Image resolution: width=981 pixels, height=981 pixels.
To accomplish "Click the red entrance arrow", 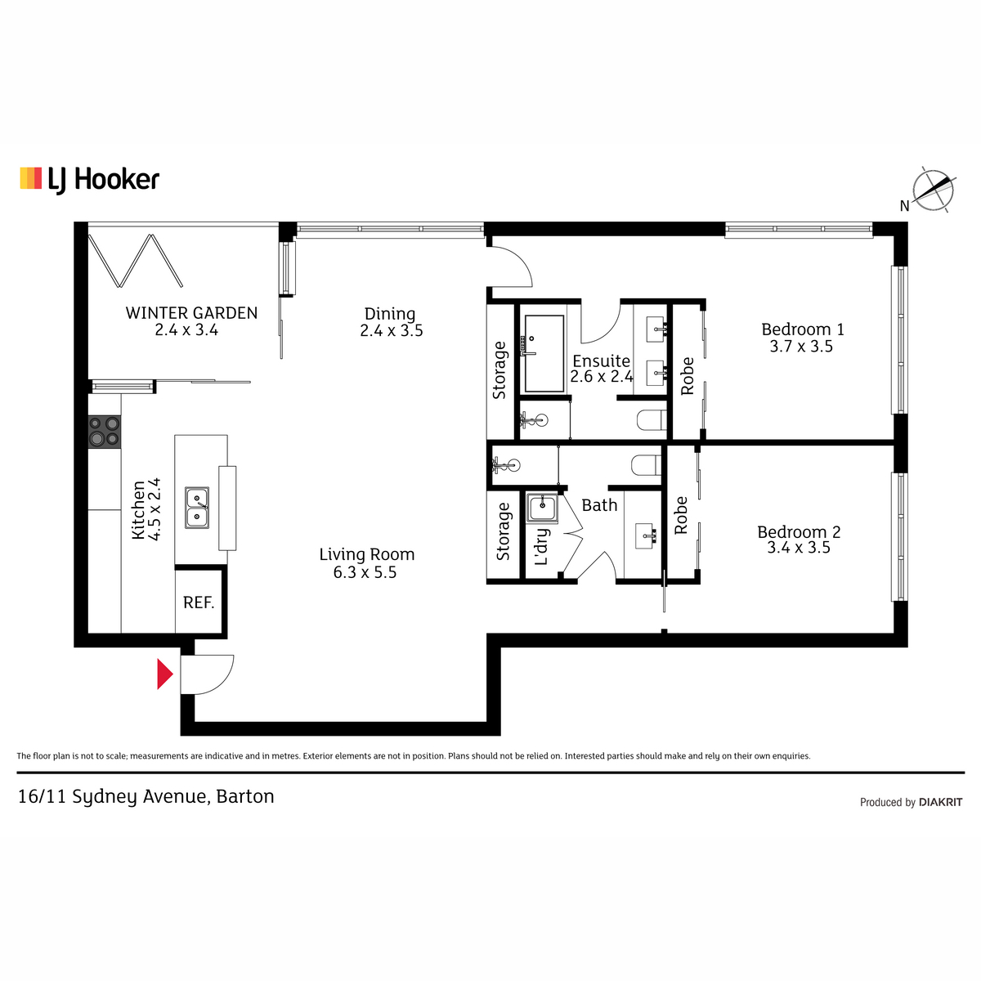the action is [164, 674].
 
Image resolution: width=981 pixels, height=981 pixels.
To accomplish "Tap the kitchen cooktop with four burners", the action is [105, 432].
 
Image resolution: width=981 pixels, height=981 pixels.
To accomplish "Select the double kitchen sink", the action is [196, 508].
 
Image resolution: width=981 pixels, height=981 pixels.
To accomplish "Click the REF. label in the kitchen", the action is [199, 602].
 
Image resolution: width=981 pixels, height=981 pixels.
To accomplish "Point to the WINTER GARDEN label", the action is [191, 312].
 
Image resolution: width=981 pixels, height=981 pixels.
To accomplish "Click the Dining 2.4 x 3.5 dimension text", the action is [392, 331].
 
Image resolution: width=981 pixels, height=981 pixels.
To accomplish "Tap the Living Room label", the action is [366, 554].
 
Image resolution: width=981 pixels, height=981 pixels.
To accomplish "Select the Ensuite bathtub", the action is [544, 353].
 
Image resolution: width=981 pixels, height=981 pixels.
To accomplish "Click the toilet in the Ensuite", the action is [652, 420].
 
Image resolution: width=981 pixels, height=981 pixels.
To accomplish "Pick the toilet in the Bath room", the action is [646, 465].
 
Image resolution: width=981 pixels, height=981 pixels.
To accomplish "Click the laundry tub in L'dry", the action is [542, 508].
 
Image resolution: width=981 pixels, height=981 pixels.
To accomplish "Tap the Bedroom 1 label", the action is [803, 329].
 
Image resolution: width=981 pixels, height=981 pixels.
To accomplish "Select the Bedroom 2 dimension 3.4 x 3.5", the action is [799, 548].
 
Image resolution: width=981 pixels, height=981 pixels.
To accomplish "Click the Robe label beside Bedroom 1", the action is [688, 376].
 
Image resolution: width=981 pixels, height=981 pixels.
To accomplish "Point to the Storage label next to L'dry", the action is [503, 531].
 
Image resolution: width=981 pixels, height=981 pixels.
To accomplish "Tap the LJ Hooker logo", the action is [90, 180].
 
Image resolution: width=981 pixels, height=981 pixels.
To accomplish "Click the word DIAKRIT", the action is [941, 802].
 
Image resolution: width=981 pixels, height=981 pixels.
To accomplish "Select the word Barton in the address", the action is [245, 797].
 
